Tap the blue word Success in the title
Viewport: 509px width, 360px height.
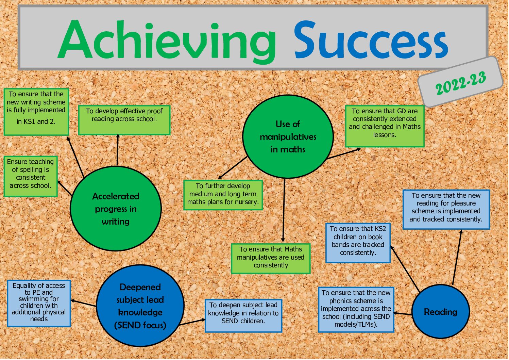coord(371,40)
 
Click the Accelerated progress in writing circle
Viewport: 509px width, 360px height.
coord(116,209)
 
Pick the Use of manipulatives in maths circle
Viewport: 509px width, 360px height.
coord(288,136)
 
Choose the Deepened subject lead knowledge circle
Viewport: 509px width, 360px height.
coord(140,306)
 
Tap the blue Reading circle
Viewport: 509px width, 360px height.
coord(441,312)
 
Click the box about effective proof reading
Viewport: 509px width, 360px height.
coord(124,120)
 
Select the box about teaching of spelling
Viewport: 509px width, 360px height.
coord(31,176)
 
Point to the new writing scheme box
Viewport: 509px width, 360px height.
coord(36,112)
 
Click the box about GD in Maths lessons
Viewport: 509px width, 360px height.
coord(385,126)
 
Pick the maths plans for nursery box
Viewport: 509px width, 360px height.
coord(223,195)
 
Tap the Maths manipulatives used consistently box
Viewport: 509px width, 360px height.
coord(271,258)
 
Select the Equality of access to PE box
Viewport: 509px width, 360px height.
coord(39,304)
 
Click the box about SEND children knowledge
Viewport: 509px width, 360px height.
coord(243,316)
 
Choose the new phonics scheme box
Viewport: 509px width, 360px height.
coord(356,310)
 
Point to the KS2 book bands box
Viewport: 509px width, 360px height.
coord(358,243)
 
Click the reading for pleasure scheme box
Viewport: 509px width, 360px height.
coord(446,210)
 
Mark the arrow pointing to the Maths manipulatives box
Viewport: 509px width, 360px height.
coord(284,210)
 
